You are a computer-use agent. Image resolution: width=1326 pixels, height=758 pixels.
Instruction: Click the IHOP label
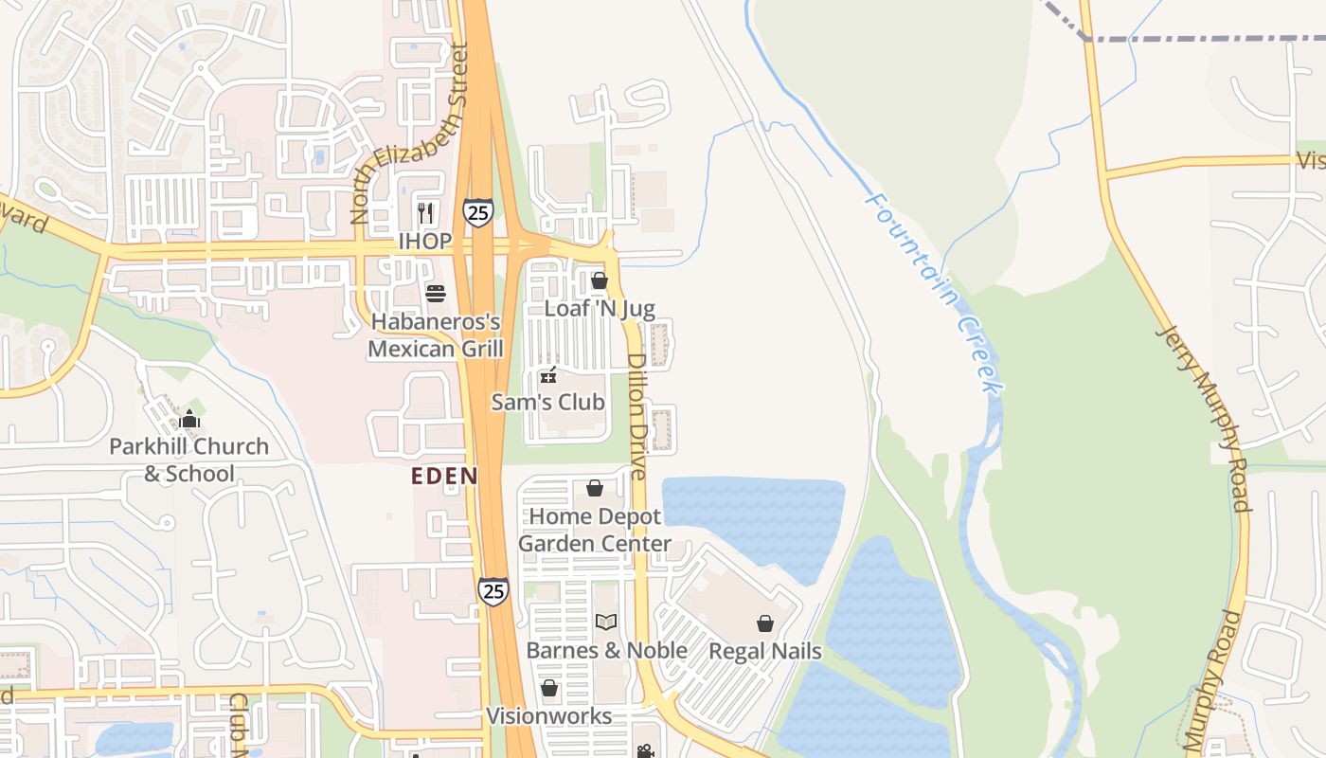tap(424, 242)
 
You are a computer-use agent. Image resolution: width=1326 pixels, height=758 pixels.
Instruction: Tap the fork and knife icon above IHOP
tap(425, 213)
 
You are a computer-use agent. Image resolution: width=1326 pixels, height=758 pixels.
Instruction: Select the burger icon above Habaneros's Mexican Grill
tap(436, 293)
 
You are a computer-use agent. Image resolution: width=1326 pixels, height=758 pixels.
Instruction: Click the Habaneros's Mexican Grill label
tap(436, 335)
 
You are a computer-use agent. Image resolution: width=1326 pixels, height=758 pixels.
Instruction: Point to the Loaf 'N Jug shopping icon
tap(599, 280)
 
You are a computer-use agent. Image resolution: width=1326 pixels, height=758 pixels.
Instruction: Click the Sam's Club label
tap(547, 403)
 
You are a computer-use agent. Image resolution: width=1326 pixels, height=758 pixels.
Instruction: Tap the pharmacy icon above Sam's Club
tap(547, 375)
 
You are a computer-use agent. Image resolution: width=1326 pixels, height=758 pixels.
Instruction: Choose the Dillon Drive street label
tap(636, 416)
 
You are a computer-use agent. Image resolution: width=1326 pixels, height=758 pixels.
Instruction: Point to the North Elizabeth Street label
tap(410, 133)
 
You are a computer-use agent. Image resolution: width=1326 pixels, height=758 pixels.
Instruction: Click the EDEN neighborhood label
tap(444, 477)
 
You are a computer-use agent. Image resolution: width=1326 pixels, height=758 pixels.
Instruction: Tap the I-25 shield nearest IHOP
tap(478, 212)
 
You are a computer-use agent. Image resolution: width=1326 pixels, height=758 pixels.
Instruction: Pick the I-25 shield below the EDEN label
tap(493, 591)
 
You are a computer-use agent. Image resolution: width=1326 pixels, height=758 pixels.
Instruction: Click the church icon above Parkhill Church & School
tap(189, 418)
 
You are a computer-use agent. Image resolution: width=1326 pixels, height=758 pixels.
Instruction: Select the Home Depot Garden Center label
tap(595, 530)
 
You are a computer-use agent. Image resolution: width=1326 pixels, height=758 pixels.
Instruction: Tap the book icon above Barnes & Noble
tap(606, 623)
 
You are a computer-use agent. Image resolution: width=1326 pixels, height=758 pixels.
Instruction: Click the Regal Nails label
tap(765, 651)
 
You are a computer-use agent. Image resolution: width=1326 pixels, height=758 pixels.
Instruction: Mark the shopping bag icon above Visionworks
tap(549, 688)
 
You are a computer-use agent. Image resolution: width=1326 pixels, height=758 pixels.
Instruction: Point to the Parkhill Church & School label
tap(189, 460)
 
